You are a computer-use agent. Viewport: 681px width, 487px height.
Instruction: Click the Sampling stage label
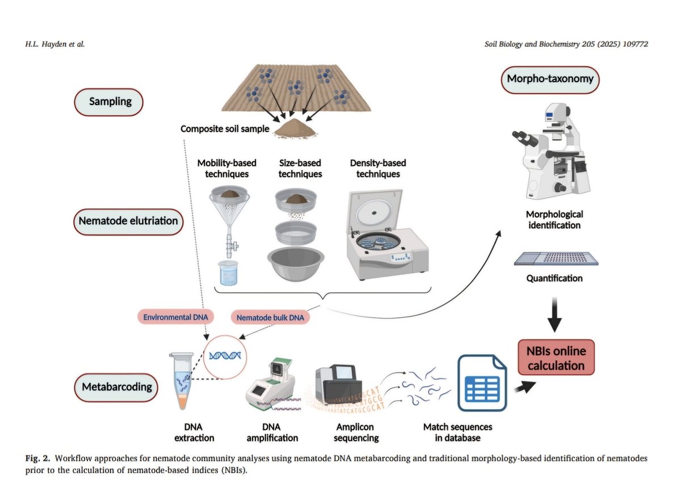click(110, 102)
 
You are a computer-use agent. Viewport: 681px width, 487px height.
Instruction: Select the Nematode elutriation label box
click(128, 220)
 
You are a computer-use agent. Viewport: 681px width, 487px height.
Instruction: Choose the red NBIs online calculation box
click(556, 358)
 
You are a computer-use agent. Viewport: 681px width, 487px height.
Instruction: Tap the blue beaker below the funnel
click(229, 272)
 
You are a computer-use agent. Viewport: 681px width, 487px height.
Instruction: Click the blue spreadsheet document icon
click(482, 382)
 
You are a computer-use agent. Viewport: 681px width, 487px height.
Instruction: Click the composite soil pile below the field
click(295, 130)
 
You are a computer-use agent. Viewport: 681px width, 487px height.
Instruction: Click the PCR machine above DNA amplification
click(271, 387)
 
